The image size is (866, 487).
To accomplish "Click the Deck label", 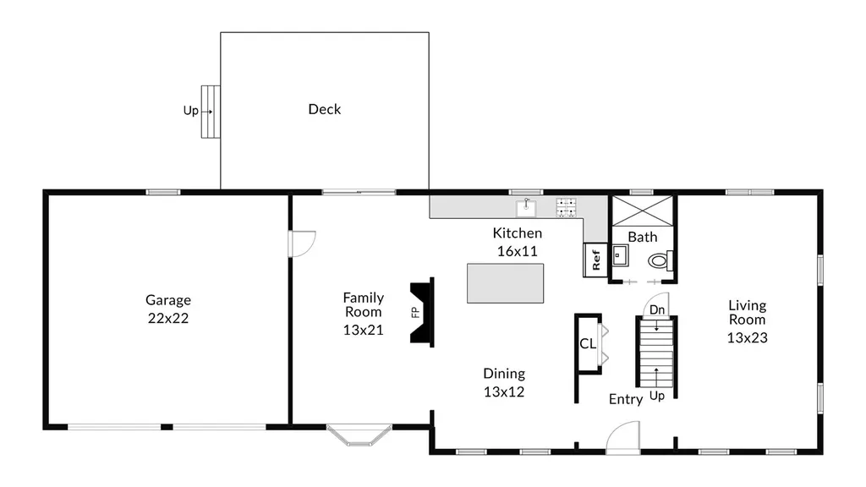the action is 324,109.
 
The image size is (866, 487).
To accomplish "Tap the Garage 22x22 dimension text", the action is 168,318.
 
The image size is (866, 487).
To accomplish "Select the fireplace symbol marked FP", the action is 423,313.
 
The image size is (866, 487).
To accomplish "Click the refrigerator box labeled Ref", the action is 595,260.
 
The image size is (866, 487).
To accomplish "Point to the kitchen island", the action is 506,283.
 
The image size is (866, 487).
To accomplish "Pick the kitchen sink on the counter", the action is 526,208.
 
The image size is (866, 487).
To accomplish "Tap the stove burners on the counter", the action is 566,207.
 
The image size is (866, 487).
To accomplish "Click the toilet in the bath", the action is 660,260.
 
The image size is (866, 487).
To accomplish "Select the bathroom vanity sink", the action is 620,255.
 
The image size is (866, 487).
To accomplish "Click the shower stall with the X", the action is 643,211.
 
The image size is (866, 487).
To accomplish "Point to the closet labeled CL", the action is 588,344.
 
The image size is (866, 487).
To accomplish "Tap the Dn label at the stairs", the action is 656,309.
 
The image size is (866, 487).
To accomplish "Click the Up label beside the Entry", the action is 656,396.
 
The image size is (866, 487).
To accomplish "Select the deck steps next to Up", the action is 211,112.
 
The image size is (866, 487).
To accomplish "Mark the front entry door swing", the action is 623,437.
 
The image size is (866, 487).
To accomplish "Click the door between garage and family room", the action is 302,243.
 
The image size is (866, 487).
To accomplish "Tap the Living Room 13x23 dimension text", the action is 748,337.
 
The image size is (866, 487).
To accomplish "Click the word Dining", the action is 504,374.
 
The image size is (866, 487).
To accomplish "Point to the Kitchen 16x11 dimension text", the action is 517,251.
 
